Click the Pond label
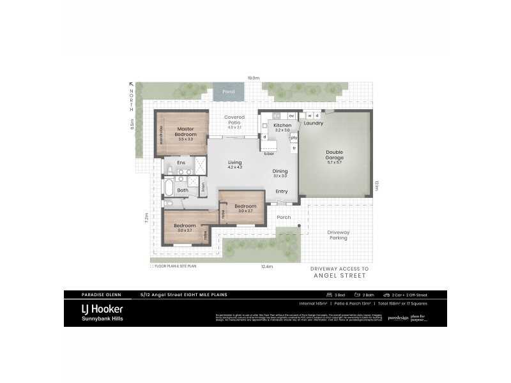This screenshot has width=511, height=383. point(228,92)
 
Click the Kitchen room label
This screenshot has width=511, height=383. point(282,126)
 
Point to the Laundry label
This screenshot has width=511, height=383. point(314,123)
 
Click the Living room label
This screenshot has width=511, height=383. point(235,163)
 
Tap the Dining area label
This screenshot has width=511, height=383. point(280,171)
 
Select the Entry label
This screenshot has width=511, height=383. point(282,191)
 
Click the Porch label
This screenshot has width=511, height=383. point(284,217)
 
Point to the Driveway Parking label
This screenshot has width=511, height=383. point(337,235)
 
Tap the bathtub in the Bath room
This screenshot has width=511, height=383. point(169,188)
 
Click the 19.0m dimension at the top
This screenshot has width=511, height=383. point(254,78)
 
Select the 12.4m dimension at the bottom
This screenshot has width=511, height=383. point(267,266)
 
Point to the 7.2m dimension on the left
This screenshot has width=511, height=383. point(146,217)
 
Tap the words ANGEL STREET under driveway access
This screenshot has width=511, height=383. point(340,276)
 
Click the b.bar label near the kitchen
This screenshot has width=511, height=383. point(269,153)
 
